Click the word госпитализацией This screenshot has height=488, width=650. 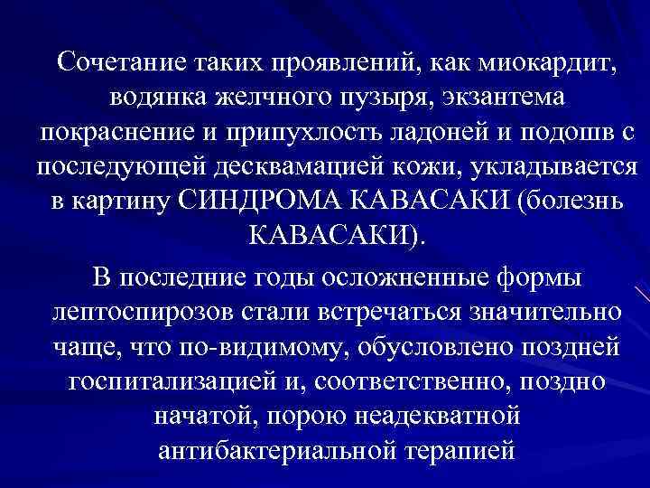click(174, 380)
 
